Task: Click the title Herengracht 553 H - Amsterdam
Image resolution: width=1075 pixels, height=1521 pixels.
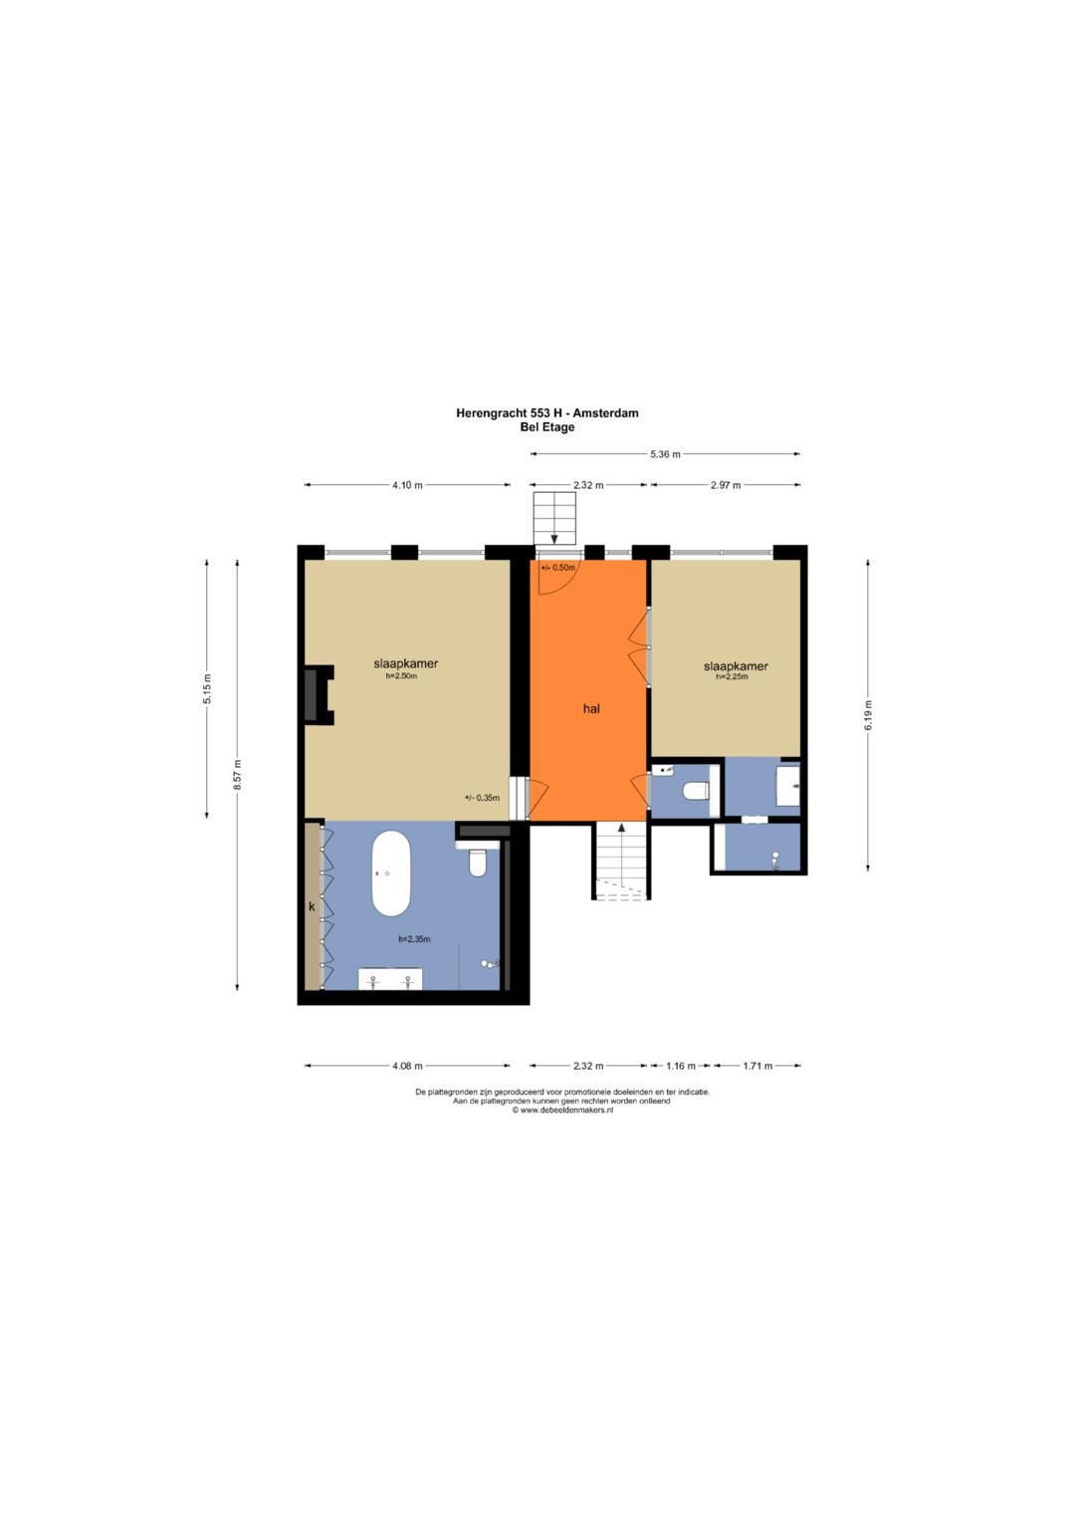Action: click(546, 412)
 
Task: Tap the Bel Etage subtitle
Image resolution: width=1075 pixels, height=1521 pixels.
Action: click(546, 427)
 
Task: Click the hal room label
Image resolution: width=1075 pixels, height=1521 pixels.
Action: click(591, 709)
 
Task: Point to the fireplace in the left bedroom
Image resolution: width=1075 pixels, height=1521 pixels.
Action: click(317, 695)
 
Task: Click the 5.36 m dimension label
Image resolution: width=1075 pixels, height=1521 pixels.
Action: click(665, 454)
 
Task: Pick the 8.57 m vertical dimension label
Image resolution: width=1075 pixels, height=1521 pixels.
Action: click(237, 775)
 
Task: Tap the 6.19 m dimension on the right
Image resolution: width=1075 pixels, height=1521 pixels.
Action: click(868, 715)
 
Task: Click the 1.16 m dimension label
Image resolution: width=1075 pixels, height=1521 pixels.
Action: click(681, 1066)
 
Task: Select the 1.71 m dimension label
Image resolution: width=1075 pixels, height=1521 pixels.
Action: click(757, 1066)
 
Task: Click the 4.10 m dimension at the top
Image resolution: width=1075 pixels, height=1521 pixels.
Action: click(407, 485)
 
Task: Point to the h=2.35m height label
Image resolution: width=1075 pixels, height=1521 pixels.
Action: click(414, 939)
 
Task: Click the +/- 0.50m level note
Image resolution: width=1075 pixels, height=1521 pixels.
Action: click(557, 568)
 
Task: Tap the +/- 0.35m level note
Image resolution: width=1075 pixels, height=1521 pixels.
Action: click(482, 797)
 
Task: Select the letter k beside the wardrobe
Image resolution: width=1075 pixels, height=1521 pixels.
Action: click(312, 906)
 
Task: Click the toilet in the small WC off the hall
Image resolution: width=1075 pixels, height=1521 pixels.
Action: click(695, 793)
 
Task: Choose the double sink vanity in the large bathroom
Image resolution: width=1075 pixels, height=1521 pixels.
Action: click(390, 979)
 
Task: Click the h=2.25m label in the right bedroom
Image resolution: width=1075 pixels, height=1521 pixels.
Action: click(732, 676)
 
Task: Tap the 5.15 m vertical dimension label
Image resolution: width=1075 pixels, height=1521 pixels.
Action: click(207, 688)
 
